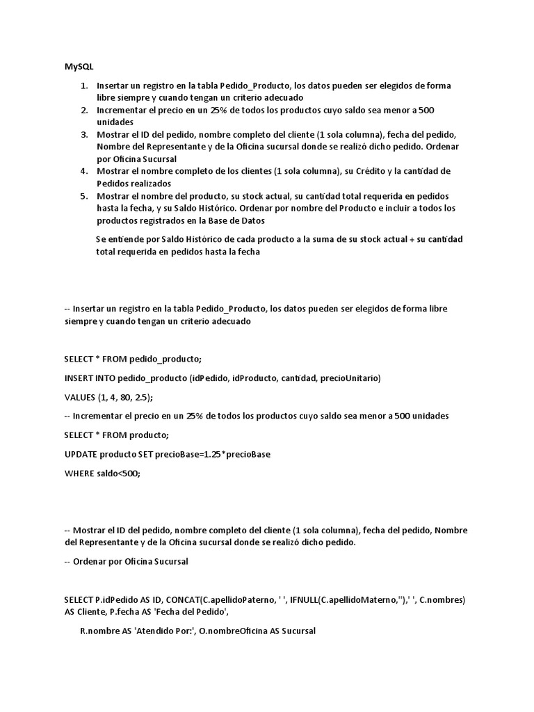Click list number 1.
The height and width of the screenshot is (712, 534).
[x=83, y=86]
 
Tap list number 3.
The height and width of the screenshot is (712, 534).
[x=83, y=134]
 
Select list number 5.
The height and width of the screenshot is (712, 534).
[x=83, y=196]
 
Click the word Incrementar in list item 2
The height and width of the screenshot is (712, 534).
[x=122, y=110]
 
